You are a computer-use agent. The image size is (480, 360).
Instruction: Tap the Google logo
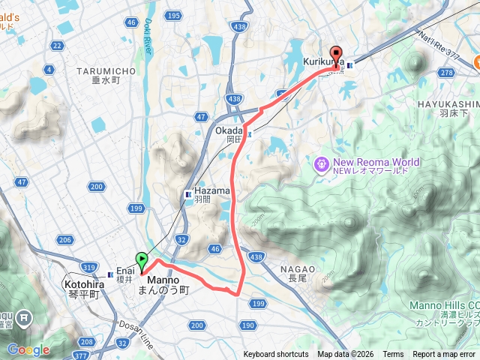[x=28, y=349]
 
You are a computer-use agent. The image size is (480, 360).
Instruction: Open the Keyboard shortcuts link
[x=275, y=355]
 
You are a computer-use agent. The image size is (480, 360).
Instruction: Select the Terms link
[x=393, y=355]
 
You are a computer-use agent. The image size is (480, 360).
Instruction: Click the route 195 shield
[x=174, y=16]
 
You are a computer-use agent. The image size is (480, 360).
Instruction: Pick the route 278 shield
[x=448, y=72]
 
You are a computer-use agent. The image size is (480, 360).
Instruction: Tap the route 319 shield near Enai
[x=89, y=266]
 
